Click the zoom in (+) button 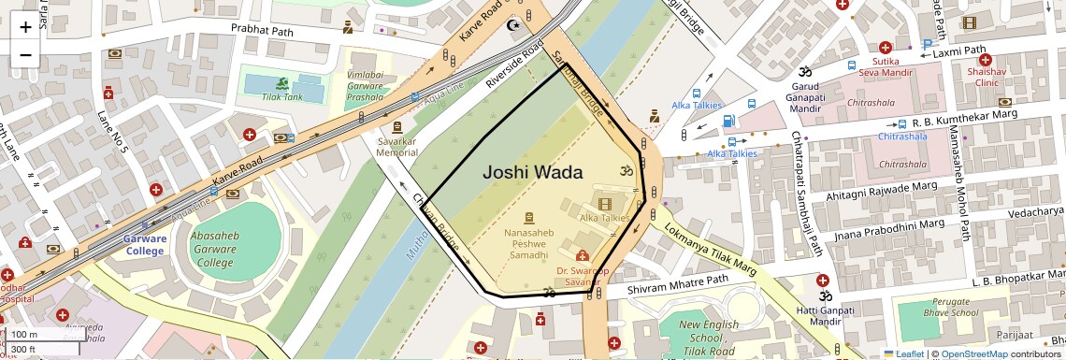tap(25, 26)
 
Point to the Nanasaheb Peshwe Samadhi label tap(529, 242)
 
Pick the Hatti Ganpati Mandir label tap(825, 316)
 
